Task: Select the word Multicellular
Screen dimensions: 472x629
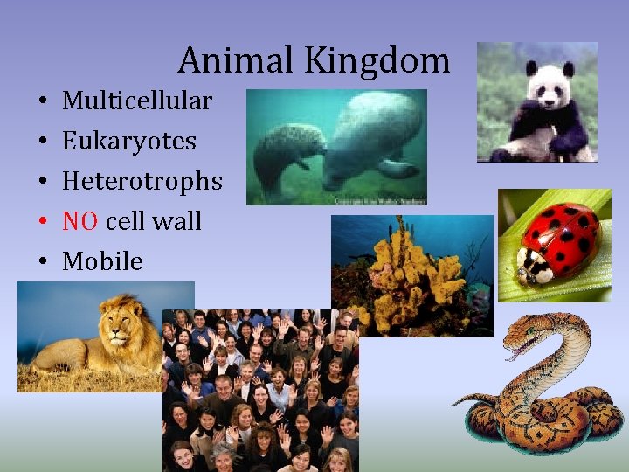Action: pos(137,101)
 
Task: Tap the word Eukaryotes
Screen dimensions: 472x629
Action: pos(129,141)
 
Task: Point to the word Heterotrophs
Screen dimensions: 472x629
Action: pos(142,181)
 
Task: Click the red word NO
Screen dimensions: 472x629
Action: pos(80,221)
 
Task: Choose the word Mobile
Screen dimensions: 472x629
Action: pos(102,261)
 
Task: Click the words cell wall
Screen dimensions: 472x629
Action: pos(153,221)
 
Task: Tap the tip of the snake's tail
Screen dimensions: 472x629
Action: pos(454,403)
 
